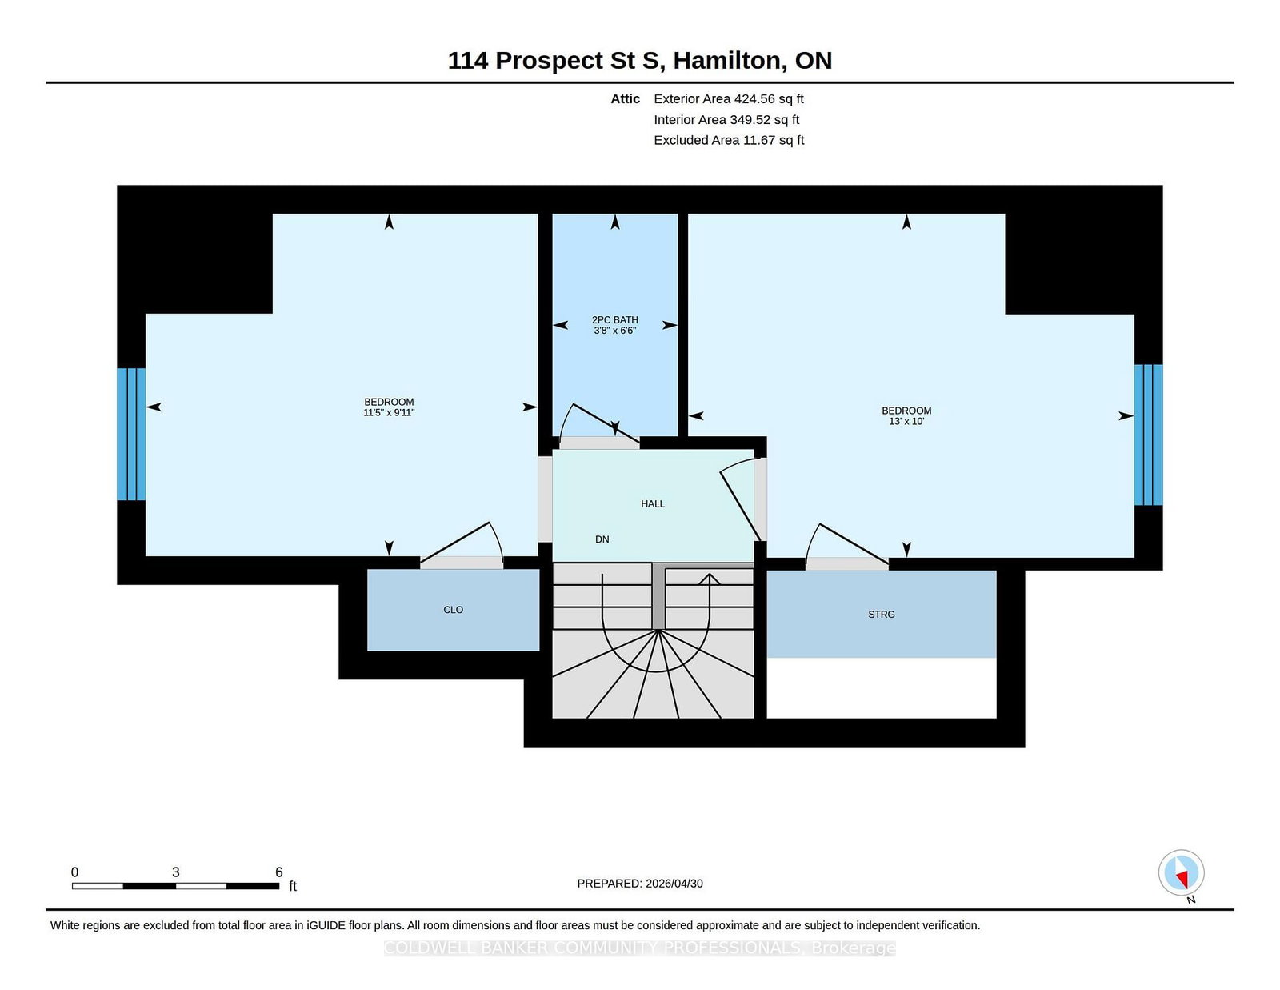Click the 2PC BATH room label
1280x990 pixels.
(x=614, y=319)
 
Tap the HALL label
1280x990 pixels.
(x=653, y=504)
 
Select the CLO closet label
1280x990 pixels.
(x=453, y=610)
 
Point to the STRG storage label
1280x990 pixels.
(x=882, y=615)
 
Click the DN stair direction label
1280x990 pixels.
(x=602, y=539)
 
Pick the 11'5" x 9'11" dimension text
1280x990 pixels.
(x=389, y=412)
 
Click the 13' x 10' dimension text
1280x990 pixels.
(x=906, y=421)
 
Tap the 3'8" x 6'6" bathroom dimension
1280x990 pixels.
(x=614, y=331)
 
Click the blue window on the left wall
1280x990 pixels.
(x=131, y=435)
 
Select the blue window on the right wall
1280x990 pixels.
(x=1148, y=435)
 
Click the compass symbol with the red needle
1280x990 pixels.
(x=1181, y=872)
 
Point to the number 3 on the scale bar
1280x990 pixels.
(x=175, y=872)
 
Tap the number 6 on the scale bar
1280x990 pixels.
(x=278, y=872)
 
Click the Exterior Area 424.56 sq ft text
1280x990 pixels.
(x=729, y=99)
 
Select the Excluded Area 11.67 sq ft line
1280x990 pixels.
(x=729, y=140)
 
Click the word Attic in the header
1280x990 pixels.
(x=625, y=99)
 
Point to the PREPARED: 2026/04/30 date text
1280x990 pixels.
(x=640, y=884)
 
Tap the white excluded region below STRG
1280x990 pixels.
(x=882, y=687)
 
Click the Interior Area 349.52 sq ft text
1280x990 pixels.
(x=726, y=119)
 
